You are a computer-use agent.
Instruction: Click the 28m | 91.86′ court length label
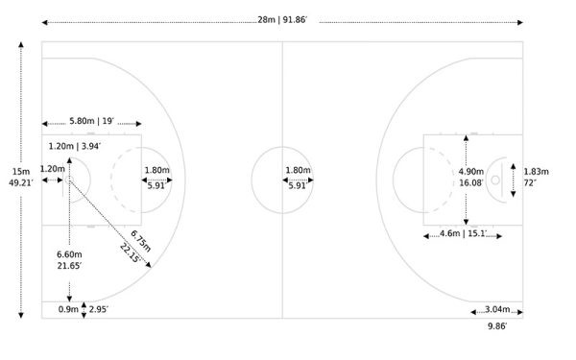pos(282,20)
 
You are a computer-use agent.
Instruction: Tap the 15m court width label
pos(21,172)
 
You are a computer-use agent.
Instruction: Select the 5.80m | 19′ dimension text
pos(92,121)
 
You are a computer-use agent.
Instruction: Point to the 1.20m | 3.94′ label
pos(75,146)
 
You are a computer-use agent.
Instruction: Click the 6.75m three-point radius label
pos(141,241)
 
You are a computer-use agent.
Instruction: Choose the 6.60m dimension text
pos(69,254)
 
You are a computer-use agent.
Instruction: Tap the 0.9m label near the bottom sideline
pos(68,309)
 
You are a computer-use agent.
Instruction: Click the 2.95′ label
pos(99,309)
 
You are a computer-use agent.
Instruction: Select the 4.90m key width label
pos(471,172)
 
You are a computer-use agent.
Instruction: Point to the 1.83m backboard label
pos(536,172)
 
